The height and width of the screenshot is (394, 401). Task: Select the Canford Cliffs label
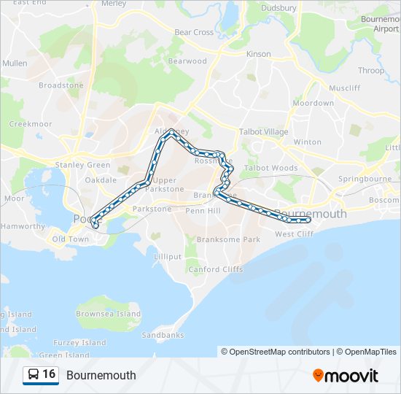pyautogui.click(x=216, y=269)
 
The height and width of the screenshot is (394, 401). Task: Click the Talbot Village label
pyautogui.click(x=264, y=132)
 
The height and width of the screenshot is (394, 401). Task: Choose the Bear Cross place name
pyautogui.click(x=194, y=32)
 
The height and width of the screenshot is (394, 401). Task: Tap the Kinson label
pyautogui.click(x=259, y=54)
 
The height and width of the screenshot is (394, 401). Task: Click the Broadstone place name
pyautogui.click(x=61, y=85)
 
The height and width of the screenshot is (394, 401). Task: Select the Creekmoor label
pyautogui.click(x=31, y=124)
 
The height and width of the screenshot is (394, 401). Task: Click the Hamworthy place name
pyautogui.click(x=23, y=226)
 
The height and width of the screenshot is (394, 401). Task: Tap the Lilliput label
pyautogui.click(x=168, y=257)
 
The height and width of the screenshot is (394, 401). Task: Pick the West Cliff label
pyautogui.click(x=294, y=233)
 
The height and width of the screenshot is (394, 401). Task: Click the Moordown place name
pyautogui.click(x=314, y=103)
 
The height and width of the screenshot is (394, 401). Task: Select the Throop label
pyautogui.click(x=371, y=71)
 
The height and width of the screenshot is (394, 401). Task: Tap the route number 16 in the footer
pyautogui.click(x=50, y=374)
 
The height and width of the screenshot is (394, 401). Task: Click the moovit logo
pyautogui.click(x=346, y=376)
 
